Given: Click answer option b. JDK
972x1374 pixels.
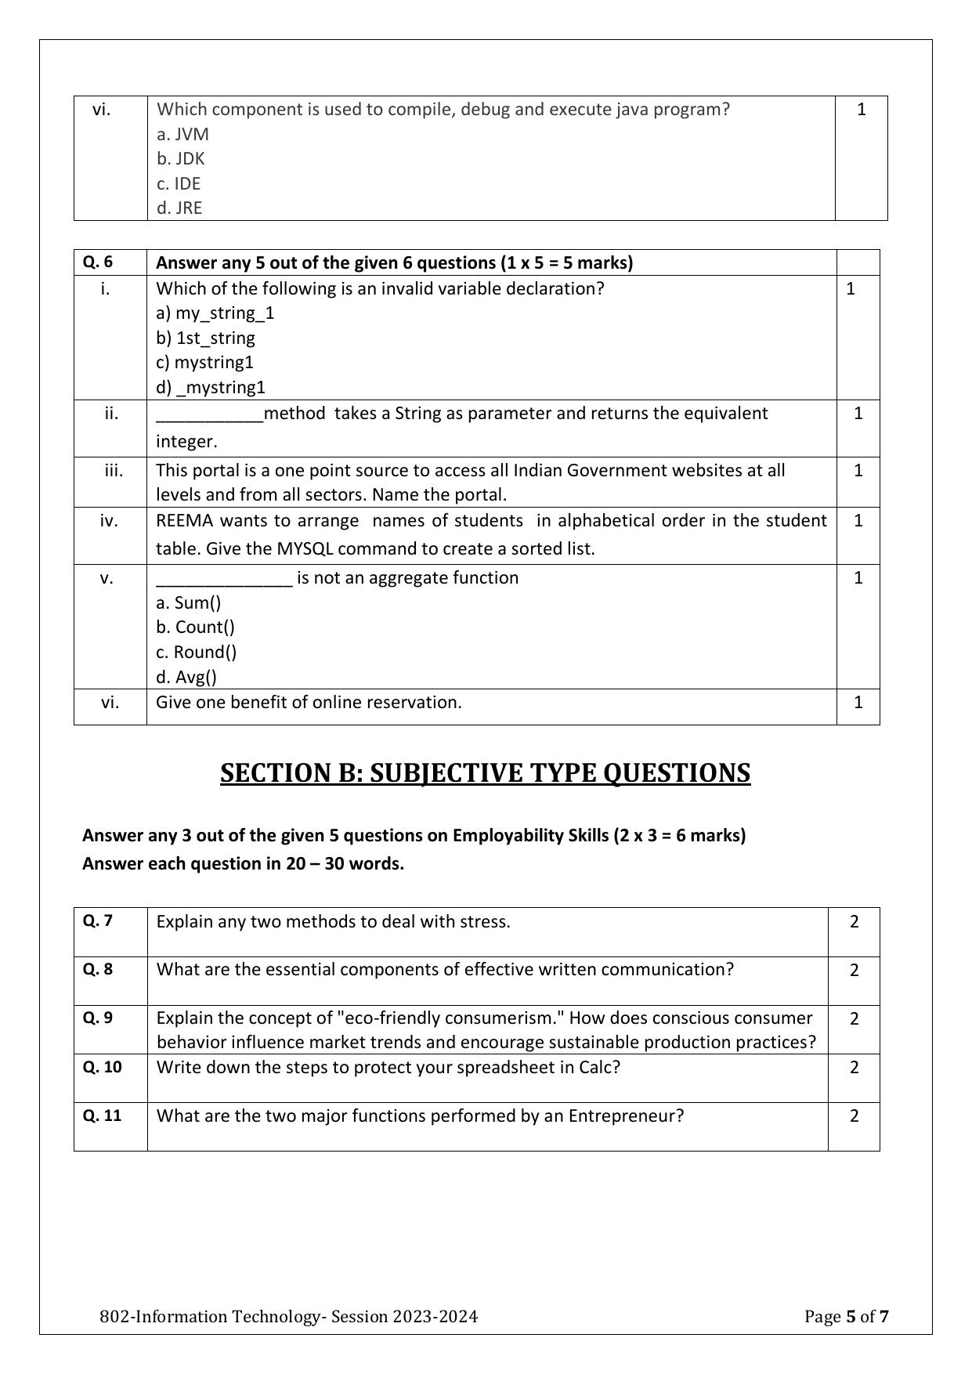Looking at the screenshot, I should click(x=180, y=159).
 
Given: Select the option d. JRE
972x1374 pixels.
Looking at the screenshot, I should click(x=179, y=208).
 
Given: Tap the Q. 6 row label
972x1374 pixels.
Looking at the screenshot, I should click(x=98, y=262).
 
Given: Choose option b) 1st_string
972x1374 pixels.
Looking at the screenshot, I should click(x=205, y=338).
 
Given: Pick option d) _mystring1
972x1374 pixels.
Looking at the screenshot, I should click(x=211, y=387).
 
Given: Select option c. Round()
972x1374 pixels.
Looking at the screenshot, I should click(x=196, y=652).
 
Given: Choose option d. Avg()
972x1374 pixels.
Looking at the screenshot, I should click(x=186, y=677).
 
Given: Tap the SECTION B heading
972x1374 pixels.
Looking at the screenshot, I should click(x=485, y=773).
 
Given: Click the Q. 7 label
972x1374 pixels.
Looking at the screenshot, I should click(x=98, y=921).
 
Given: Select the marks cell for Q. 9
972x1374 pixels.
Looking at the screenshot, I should click(x=854, y=1019).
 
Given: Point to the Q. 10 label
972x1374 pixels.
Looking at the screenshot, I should click(x=102, y=1067).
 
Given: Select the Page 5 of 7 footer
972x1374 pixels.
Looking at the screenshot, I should click(x=846, y=1316).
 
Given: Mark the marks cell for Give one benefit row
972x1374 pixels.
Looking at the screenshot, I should click(x=858, y=703).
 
